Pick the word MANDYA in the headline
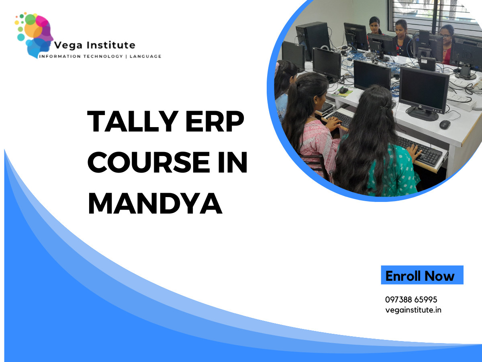tap(155, 203)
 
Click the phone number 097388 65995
tap(411, 300)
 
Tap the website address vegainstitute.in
tap(413, 310)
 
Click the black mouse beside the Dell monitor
tap(445, 124)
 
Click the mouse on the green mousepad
tap(343, 90)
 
